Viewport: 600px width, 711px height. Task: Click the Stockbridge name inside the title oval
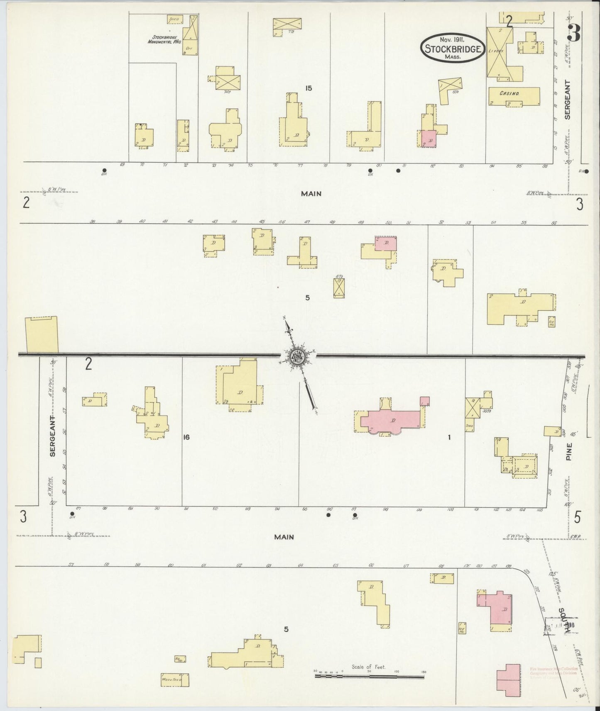(453, 49)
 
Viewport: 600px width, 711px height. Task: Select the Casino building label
(509, 94)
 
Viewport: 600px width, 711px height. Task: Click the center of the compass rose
(298, 355)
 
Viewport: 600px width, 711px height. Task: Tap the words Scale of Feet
(368, 667)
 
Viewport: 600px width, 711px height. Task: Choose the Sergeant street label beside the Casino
(568, 100)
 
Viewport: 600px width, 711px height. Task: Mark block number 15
(308, 88)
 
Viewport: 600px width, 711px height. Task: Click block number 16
(186, 437)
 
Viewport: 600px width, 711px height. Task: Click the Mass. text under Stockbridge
(453, 57)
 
